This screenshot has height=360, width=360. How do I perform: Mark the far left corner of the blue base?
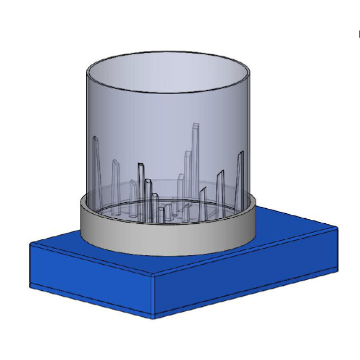click(30, 243)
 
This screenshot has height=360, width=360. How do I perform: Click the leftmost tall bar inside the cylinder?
click(97, 166)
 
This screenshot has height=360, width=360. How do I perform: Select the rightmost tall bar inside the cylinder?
click(239, 177)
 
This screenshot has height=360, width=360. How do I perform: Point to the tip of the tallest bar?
click(195, 125)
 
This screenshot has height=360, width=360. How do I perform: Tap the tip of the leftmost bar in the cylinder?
click(95, 137)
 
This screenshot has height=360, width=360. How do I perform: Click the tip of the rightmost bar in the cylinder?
click(241, 152)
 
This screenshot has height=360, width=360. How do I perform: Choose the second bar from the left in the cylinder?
click(116, 183)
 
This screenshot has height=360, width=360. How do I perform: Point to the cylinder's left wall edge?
click(88, 138)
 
